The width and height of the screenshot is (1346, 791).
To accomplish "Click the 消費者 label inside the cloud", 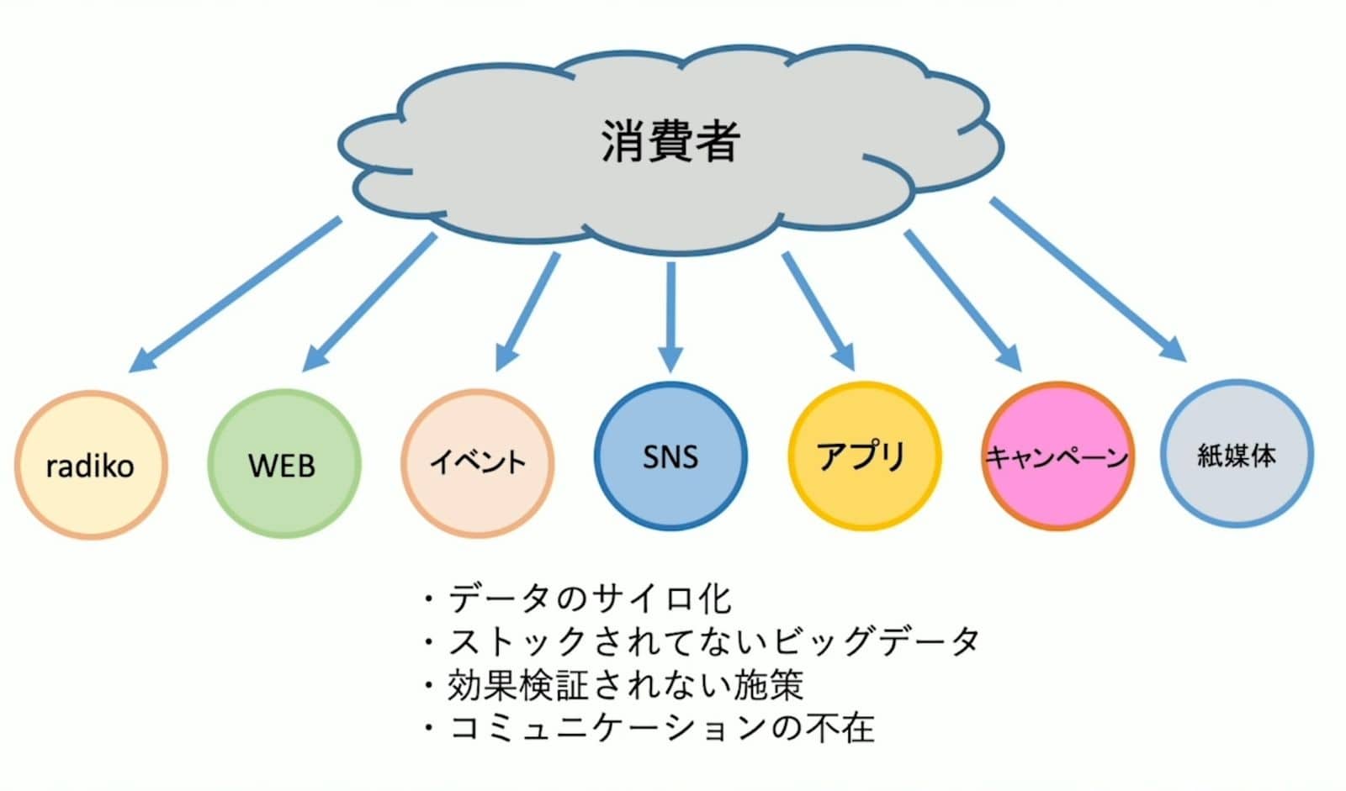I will coord(670,141).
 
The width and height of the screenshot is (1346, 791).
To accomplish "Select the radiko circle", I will coord(91,465).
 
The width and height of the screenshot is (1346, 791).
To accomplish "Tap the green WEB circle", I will coord(284,464).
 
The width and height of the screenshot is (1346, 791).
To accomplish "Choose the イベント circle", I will coord(477,462).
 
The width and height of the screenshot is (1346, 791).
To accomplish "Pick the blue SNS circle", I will coord(670,456).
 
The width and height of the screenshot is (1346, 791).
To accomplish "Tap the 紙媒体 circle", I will coord(1237,455).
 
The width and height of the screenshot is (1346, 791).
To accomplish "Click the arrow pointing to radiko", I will coord(236,294).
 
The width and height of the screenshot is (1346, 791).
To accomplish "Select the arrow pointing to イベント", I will coord(527,311).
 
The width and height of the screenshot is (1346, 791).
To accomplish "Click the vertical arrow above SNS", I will coord(670,315).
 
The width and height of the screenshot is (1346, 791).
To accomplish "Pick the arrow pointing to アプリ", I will coord(819,311).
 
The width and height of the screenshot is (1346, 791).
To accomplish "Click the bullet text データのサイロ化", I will coord(589,599).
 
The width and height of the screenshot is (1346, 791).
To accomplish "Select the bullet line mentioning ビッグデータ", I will coord(713,641).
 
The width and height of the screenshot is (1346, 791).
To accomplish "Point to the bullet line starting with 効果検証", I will coord(624,684).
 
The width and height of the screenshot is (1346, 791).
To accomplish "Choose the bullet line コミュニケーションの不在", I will coord(661,727).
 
